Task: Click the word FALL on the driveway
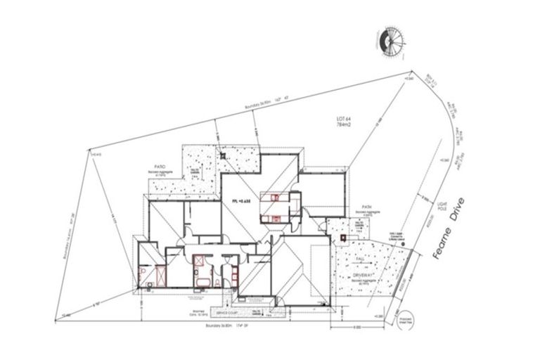point(360,259)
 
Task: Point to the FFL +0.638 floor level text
point(243,202)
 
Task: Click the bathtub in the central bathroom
point(202,281)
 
